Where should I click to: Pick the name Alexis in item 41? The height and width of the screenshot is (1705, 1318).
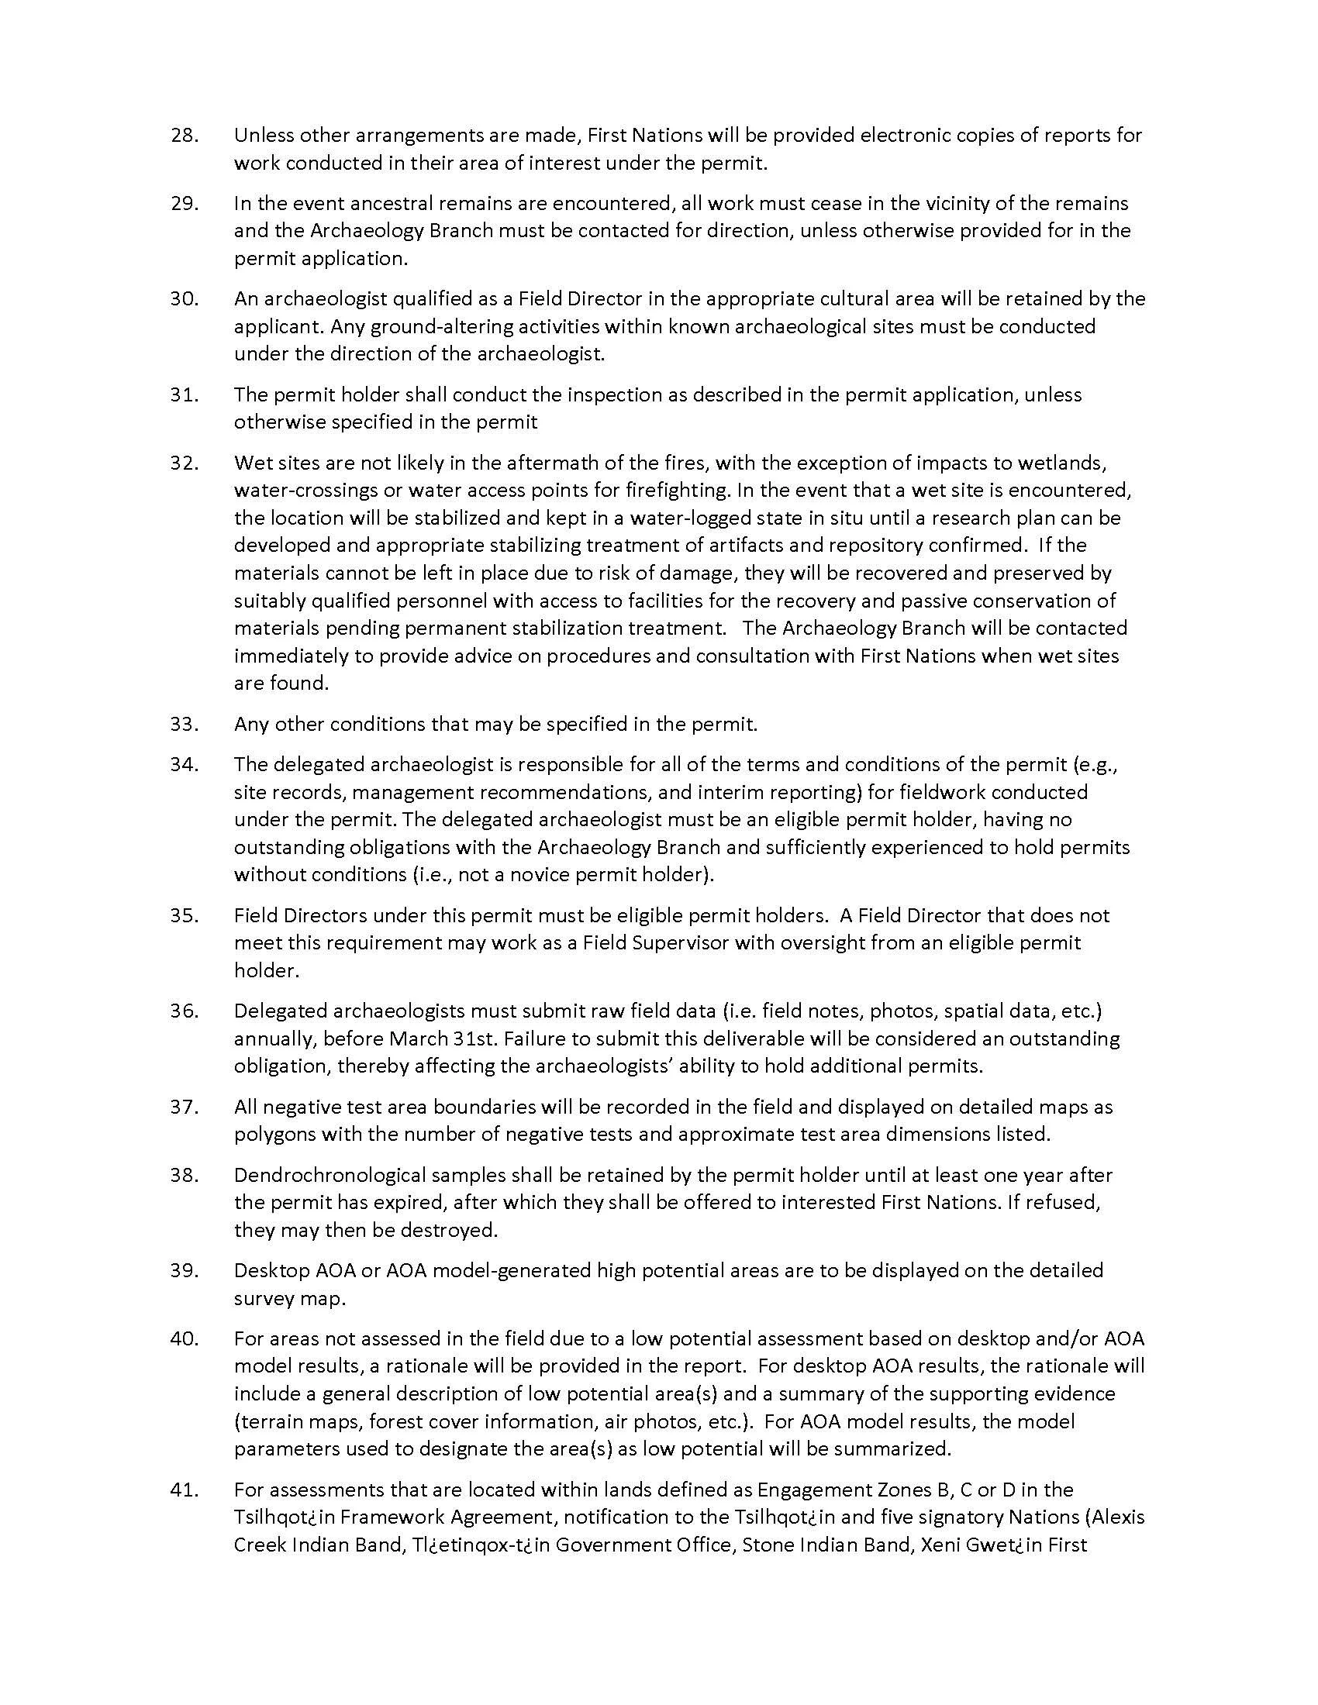[x=1118, y=1517]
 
